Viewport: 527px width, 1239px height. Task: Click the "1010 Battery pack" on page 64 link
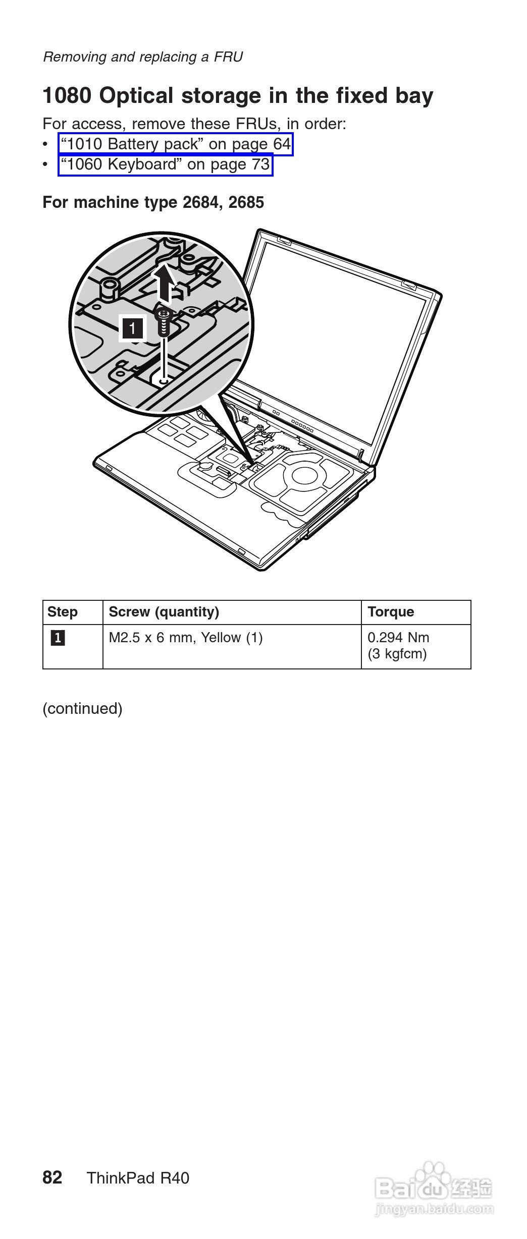pyautogui.click(x=176, y=144)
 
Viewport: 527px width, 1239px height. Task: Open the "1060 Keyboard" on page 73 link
pyautogui.click(x=165, y=164)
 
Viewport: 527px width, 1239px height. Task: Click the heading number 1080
pyautogui.click(x=67, y=96)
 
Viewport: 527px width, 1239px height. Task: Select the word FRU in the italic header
pyautogui.click(x=228, y=57)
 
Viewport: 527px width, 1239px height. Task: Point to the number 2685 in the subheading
pyautogui.click(x=246, y=202)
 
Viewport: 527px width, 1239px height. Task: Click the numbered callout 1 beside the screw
pyautogui.click(x=132, y=328)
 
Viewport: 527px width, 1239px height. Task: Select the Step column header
pyautogui.click(x=63, y=612)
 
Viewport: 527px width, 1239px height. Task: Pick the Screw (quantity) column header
pyautogui.click(x=164, y=612)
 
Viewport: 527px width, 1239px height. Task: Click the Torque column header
pyautogui.click(x=391, y=612)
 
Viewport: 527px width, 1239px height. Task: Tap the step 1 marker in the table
pyautogui.click(x=58, y=638)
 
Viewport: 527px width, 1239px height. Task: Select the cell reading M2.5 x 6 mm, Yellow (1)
pyautogui.click(x=186, y=638)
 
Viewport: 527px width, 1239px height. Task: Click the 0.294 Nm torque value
pyautogui.click(x=398, y=638)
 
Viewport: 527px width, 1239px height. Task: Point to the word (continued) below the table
pyautogui.click(x=82, y=708)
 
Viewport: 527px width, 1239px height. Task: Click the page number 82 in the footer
pyautogui.click(x=52, y=1177)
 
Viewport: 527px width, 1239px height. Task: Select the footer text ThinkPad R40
pyautogui.click(x=138, y=1178)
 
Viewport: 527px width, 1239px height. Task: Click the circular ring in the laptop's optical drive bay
pyautogui.click(x=304, y=475)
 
